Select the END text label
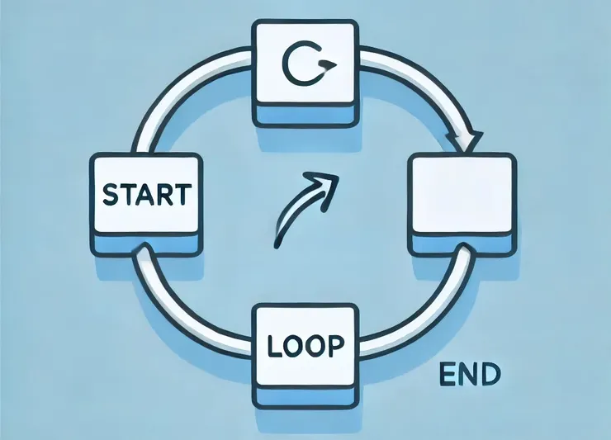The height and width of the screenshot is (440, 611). click(x=471, y=375)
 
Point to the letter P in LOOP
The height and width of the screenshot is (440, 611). click(x=335, y=345)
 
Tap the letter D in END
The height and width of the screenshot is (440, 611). click(x=490, y=375)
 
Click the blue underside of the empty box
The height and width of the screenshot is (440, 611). click(x=462, y=244)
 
